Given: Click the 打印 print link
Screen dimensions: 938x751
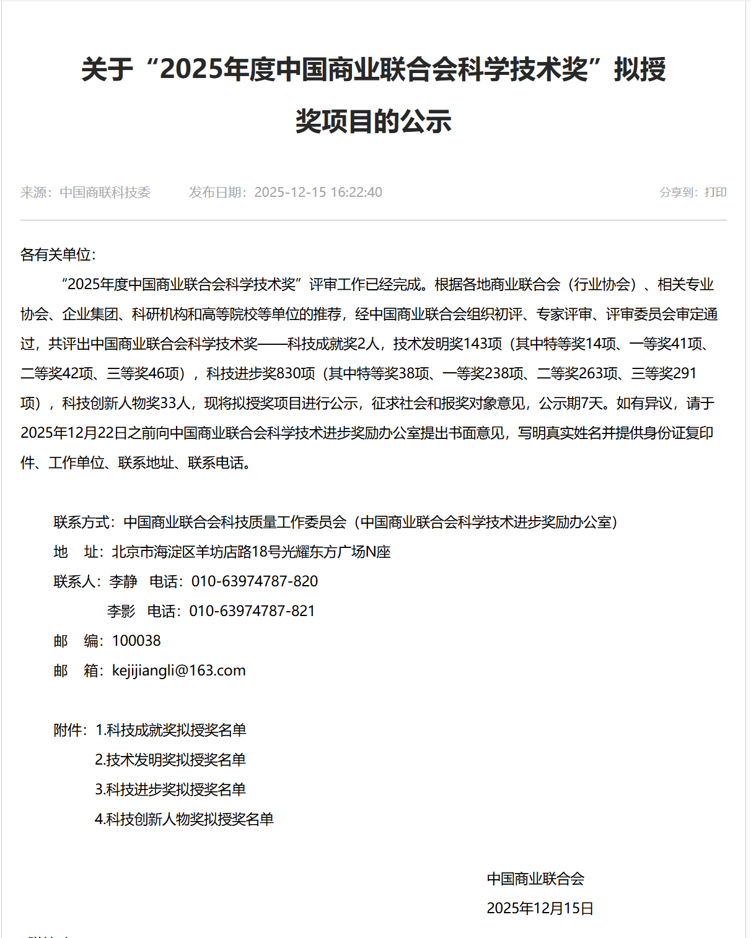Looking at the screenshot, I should coord(716,193).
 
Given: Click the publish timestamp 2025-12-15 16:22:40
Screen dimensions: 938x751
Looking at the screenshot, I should coord(318,193).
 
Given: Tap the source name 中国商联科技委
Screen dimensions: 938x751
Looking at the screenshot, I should coord(105,193).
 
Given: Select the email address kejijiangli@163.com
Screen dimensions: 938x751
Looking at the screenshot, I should coord(178,671).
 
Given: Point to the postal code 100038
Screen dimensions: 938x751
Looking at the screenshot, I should coord(136,641).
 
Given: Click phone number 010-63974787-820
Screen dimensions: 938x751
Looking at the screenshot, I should coord(254,581).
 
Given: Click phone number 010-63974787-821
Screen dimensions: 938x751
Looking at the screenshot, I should coord(252,611).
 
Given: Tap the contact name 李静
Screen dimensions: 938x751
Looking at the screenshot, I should coord(123,581).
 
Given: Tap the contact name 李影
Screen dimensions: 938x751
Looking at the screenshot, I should coord(121,611).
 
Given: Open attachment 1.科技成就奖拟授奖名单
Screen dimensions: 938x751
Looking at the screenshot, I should coord(170,730).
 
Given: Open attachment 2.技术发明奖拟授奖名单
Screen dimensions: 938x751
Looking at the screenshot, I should coord(170,760).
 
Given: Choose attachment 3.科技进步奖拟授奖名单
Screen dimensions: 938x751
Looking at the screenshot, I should coord(170,789).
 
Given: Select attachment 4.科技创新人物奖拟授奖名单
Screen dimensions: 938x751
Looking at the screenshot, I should coord(184,819).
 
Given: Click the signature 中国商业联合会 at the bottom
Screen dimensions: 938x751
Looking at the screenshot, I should coord(535,879).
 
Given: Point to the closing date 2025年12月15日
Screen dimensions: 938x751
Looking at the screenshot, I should coord(540,908).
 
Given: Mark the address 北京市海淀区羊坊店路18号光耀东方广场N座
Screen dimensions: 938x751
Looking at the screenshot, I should coord(251,552).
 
